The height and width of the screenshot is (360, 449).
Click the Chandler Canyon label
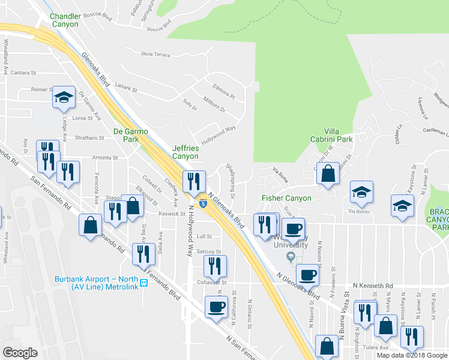(64, 20)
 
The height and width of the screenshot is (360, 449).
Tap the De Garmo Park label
(131, 135)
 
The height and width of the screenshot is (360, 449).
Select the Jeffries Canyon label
(185, 152)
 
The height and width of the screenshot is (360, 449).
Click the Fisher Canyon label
(286, 198)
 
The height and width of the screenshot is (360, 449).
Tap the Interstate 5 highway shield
(203, 204)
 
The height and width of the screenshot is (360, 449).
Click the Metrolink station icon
(143, 283)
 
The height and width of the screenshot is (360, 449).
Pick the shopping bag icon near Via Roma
(328, 174)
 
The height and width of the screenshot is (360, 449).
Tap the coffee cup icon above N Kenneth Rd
(307, 274)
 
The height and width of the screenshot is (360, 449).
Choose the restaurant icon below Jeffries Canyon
(194, 179)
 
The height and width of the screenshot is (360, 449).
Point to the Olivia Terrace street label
(155, 54)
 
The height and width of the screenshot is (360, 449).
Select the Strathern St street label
(90, 138)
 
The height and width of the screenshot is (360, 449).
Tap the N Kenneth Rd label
(373, 286)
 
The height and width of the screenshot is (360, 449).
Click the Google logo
(20, 353)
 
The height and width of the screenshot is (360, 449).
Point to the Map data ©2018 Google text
(411, 355)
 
